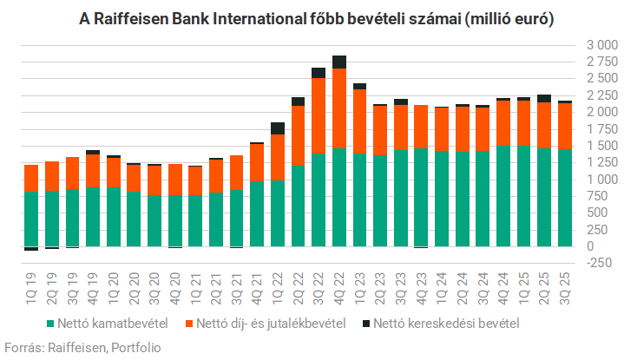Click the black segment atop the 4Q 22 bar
339,62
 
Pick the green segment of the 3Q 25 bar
565,198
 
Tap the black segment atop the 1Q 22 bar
278,128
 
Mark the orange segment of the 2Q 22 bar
298,135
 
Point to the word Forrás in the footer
23,347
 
